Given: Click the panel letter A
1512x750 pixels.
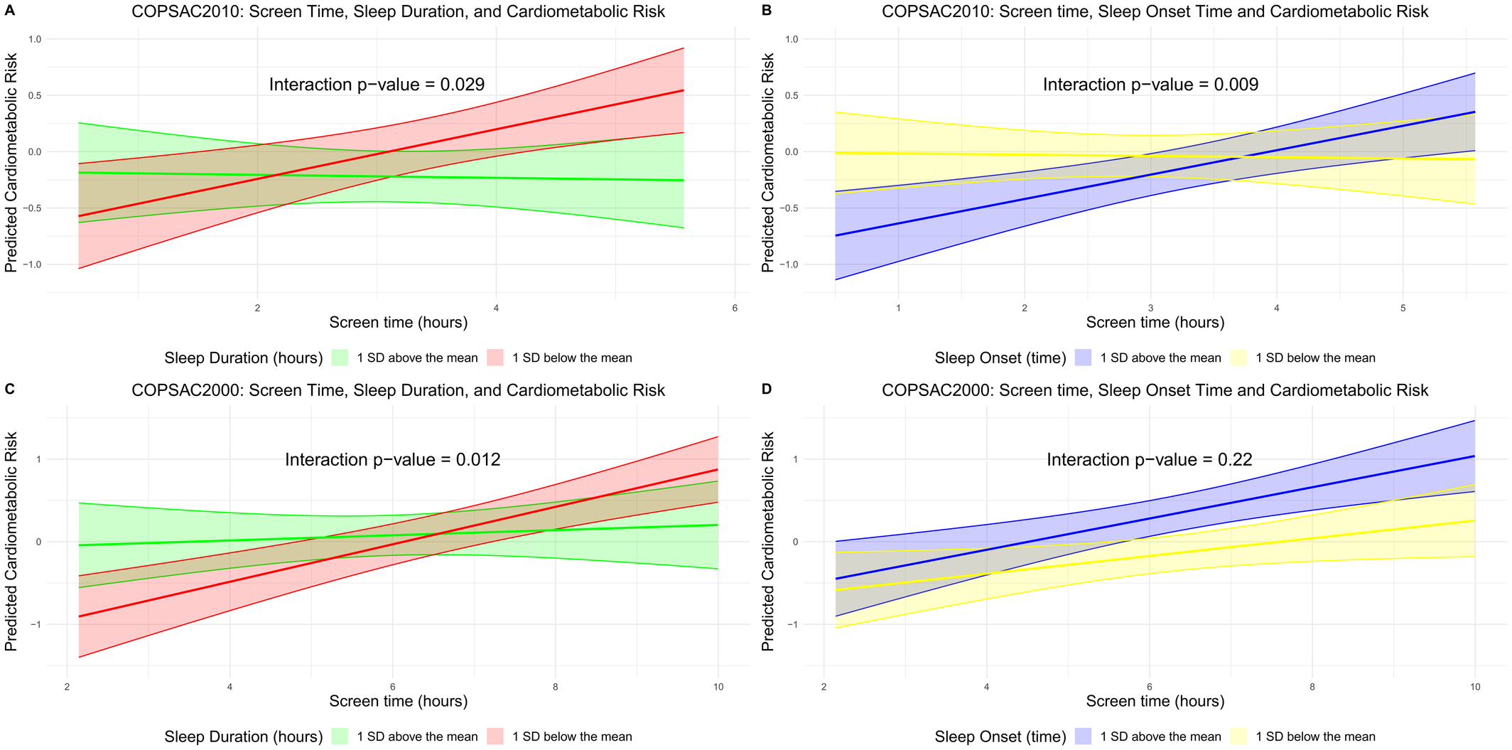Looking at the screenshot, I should (x=9, y=11).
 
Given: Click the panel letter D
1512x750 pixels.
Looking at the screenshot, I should (x=766, y=389).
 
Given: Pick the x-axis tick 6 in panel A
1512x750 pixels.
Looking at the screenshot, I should (x=735, y=308).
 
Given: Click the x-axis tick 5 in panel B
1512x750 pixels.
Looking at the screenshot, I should (x=1403, y=308).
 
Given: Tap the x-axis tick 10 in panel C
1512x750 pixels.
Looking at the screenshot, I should (x=718, y=687).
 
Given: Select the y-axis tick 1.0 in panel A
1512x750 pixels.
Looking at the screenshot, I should (x=34, y=39).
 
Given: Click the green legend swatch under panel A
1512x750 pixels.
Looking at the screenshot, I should (x=340, y=358).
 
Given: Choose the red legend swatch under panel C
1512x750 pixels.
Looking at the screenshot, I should (x=495, y=736).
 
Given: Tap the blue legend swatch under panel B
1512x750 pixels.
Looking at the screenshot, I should (x=1083, y=358).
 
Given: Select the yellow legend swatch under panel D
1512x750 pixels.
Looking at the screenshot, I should (x=1238, y=736).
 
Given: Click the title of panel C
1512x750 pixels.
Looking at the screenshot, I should (x=398, y=390).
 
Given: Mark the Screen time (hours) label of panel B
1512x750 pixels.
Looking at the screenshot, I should (x=1155, y=323).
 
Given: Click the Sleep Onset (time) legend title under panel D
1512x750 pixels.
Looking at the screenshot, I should (x=1000, y=736).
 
